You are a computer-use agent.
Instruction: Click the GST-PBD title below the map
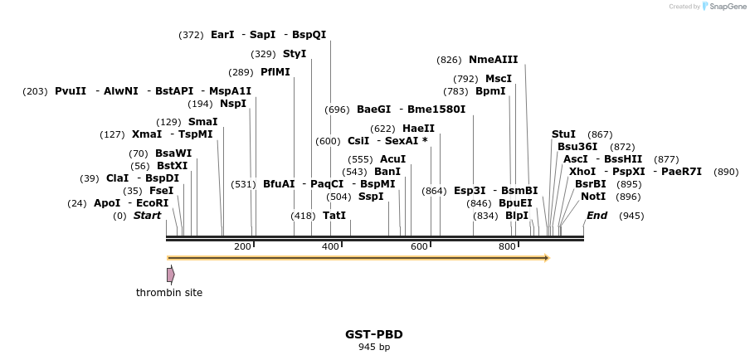click(374, 334)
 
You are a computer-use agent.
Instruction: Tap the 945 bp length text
click(374, 348)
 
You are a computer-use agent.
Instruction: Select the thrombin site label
click(169, 293)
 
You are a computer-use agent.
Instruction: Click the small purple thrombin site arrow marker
click(170, 275)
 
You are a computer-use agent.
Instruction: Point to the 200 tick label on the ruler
click(242, 247)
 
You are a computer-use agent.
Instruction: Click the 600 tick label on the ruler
click(419, 247)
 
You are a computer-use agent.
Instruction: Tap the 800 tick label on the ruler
click(507, 247)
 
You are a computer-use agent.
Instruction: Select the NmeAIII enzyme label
click(493, 60)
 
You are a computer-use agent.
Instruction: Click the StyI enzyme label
click(295, 54)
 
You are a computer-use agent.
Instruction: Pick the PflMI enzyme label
click(275, 72)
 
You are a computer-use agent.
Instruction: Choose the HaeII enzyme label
click(418, 129)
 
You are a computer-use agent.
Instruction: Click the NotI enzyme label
click(593, 197)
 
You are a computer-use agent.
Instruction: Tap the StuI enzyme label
click(563, 134)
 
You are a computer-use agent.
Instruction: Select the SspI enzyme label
click(371, 197)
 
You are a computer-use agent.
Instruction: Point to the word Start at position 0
click(147, 216)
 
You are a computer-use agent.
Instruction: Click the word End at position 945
click(597, 216)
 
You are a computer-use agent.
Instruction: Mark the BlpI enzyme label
click(517, 216)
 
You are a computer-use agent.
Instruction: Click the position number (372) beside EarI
click(191, 35)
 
